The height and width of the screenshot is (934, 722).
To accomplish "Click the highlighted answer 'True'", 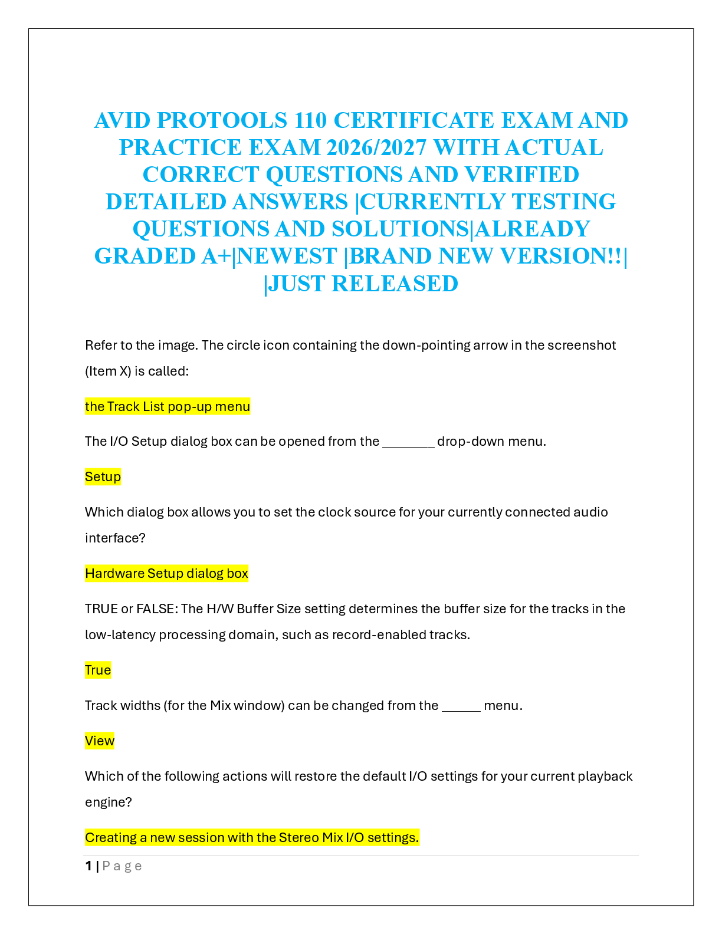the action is click(x=98, y=670).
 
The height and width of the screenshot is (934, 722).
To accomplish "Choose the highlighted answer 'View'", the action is click(x=100, y=741).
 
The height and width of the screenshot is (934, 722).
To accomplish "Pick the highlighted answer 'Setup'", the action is click(x=103, y=476).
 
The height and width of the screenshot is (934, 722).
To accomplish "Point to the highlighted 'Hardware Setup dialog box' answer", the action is click(x=167, y=573).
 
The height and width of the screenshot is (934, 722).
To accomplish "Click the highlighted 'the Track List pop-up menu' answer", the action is click(x=168, y=406).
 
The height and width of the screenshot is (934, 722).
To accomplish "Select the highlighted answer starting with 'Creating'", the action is click(x=252, y=837).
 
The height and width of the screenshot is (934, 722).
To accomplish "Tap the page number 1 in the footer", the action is click(x=88, y=866).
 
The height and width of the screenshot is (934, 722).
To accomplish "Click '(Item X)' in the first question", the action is click(x=108, y=371).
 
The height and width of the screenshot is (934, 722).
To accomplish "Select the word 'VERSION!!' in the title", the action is click(x=562, y=256).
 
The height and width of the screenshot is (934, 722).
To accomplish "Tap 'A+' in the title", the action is click(x=216, y=256).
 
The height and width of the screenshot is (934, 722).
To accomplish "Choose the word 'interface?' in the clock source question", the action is click(x=115, y=538).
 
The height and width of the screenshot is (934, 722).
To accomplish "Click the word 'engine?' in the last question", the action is click(x=109, y=802).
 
